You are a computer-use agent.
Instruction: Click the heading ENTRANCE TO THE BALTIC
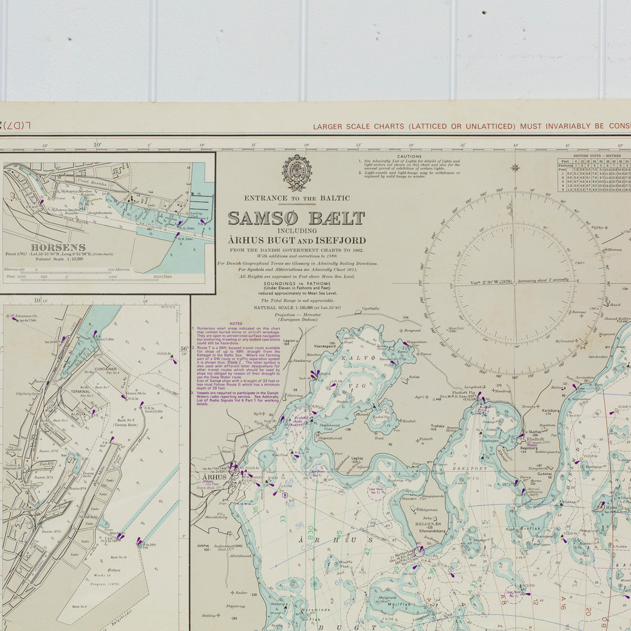(297, 198)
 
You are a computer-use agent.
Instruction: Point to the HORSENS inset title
(50, 247)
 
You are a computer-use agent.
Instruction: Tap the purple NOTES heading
(236, 323)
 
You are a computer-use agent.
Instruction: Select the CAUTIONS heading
(409, 156)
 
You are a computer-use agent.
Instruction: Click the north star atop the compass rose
(515, 168)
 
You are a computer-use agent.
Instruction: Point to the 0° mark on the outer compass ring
(515, 190)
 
